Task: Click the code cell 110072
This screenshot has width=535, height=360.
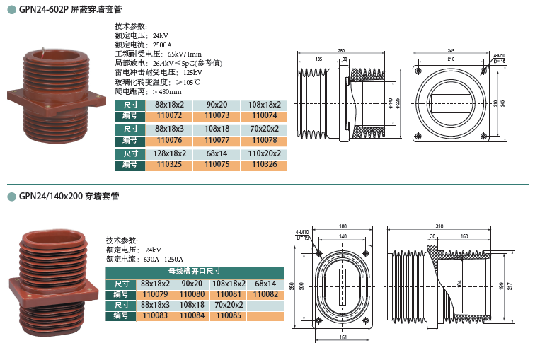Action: click(x=169, y=115)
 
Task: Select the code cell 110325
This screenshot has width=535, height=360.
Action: click(x=169, y=165)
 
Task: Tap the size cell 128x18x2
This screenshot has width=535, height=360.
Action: click(x=169, y=153)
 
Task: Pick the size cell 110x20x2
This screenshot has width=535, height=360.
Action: click(x=264, y=153)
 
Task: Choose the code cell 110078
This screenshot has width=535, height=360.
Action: click(x=264, y=140)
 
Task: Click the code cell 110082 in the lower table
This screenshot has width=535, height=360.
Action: click(x=265, y=294)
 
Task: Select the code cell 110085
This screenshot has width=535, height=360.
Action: click(x=229, y=316)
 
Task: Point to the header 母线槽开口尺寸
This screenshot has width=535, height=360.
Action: click(x=195, y=272)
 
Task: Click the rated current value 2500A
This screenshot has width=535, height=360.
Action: click(x=162, y=45)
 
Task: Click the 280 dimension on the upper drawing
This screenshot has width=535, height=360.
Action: click(x=341, y=50)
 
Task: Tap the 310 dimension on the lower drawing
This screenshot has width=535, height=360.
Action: click(x=439, y=226)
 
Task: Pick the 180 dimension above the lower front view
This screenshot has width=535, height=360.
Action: click(x=343, y=226)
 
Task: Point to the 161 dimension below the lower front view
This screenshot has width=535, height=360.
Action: click(x=343, y=338)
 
